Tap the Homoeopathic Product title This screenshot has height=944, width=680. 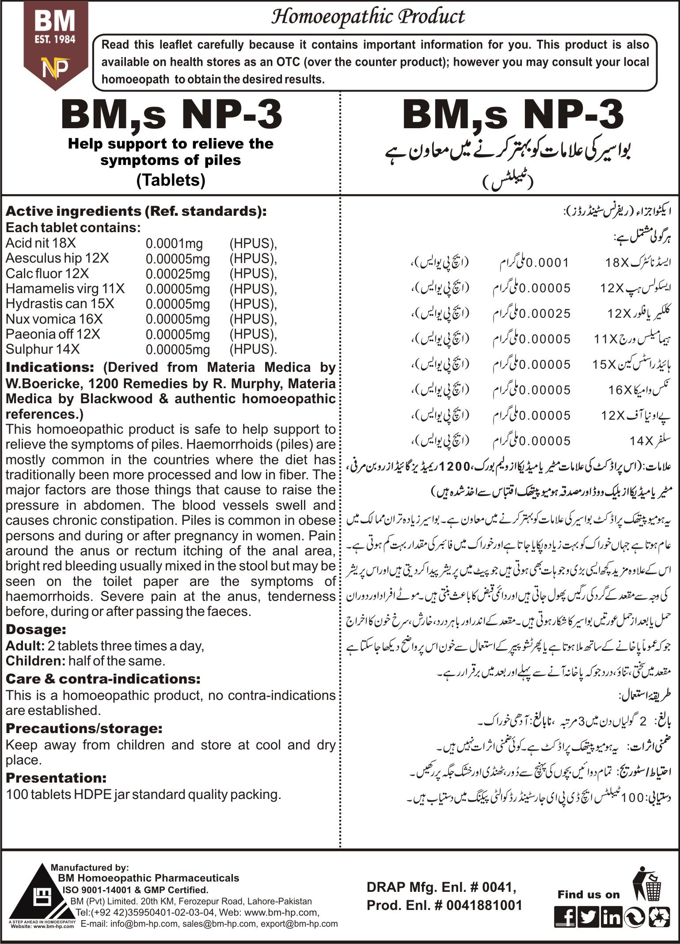point(368,17)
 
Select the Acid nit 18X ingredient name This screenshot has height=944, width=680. point(41,243)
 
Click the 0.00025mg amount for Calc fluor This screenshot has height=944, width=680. point(178,274)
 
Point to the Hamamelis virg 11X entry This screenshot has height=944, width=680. point(65,289)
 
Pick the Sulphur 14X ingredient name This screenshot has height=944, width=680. point(42,349)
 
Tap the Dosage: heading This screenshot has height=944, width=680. point(36,630)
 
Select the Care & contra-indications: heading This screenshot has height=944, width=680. point(103,679)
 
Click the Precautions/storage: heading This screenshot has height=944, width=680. point(84,728)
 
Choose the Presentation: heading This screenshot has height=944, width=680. point(56,778)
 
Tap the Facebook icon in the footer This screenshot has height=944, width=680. point(565,918)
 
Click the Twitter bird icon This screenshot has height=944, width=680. point(588,918)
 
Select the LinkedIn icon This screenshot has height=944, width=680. point(612,918)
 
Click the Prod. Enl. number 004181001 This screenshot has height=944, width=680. point(484,906)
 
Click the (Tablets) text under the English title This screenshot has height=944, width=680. point(171,180)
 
